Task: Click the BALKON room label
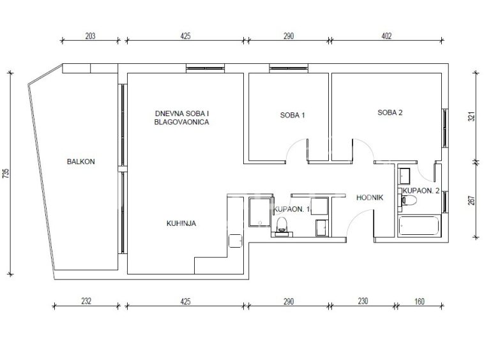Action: coord(81,161)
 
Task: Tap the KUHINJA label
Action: coord(181,223)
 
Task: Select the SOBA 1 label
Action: coord(292,116)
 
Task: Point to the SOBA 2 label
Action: coord(390,112)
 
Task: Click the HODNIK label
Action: coord(370,197)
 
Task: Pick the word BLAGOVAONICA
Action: coord(181,122)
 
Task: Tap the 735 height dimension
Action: coord(6,174)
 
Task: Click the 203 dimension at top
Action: coord(90,36)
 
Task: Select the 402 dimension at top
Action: coord(386,36)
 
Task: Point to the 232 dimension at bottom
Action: coord(86,301)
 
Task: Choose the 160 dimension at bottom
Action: coord(419,301)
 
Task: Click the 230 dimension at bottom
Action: coord(363,301)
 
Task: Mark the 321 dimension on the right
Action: coord(472,116)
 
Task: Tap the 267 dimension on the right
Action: coord(472,200)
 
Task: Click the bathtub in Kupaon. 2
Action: coord(419,226)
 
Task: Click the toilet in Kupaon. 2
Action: coord(409,200)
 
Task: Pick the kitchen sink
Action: coord(236,241)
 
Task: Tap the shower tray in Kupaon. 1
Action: coord(259,213)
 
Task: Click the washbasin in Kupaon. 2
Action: coord(404,176)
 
